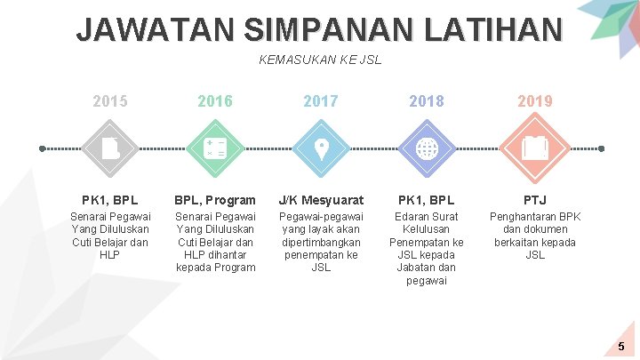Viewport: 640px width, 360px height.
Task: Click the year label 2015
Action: click(x=110, y=101)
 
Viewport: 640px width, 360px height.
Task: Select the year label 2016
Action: click(x=215, y=101)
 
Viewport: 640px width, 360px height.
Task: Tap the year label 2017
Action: click(x=321, y=101)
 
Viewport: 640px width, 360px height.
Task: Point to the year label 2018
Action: click(x=427, y=101)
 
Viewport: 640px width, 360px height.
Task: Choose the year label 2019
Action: click(x=534, y=101)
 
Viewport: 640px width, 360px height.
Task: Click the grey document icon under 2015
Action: click(x=110, y=148)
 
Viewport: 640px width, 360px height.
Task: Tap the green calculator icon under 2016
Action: click(x=215, y=148)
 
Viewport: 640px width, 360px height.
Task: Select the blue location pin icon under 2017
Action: click(x=321, y=148)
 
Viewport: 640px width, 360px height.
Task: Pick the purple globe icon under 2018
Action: click(x=427, y=148)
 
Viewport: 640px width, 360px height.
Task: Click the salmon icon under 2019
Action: click(x=534, y=148)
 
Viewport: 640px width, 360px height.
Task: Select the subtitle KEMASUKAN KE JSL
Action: click(x=320, y=60)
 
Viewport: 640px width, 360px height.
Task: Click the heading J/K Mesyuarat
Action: click(x=321, y=200)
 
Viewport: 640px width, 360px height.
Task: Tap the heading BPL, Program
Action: click(x=215, y=200)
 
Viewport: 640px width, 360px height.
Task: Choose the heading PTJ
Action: click(x=534, y=200)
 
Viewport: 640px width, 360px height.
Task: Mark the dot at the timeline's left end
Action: click(x=43, y=148)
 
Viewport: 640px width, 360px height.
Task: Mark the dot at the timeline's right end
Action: click(x=601, y=148)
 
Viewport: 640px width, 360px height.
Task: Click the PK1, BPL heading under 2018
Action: click(x=427, y=200)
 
